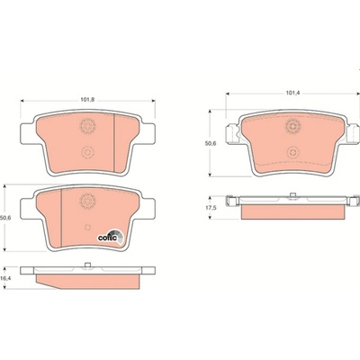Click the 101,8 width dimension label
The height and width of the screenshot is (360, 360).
(x=87, y=100)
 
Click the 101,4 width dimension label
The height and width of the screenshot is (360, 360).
(x=292, y=94)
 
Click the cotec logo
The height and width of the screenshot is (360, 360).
(x=111, y=237)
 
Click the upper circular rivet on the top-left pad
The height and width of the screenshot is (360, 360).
(x=87, y=126)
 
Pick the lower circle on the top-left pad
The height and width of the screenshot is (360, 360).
(x=87, y=152)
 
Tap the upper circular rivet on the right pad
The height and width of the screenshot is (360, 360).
(x=292, y=126)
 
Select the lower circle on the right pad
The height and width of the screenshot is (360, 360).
(x=292, y=152)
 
